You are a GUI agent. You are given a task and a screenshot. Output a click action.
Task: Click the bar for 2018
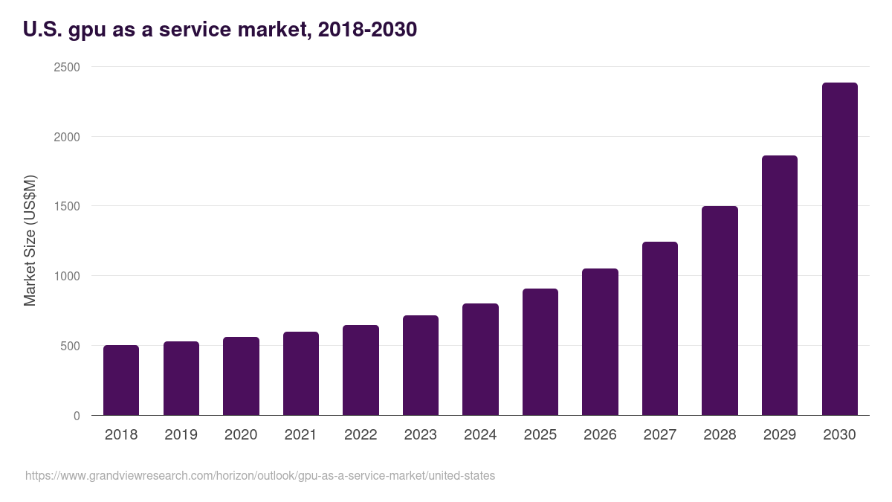click(x=121, y=380)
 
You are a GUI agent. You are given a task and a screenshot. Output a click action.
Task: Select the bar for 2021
click(x=301, y=373)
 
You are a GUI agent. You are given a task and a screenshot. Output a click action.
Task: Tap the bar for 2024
click(x=480, y=359)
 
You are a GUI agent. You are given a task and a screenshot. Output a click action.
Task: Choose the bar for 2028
click(x=720, y=311)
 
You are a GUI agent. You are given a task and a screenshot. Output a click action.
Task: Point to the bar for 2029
click(x=780, y=286)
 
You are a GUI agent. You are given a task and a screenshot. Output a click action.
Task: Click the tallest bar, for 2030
click(x=839, y=249)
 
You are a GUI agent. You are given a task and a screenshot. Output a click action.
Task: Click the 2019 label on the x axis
click(x=181, y=435)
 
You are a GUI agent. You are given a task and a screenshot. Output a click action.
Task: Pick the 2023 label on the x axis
click(x=421, y=435)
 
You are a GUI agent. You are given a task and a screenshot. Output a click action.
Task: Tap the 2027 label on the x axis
click(x=660, y=435)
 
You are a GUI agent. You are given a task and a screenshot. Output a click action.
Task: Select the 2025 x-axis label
click(x=540, y=435)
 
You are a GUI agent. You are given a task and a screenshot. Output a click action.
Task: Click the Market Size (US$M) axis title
click(x=30, y=241)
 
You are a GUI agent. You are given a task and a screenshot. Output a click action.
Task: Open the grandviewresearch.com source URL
click(x=260, y=475)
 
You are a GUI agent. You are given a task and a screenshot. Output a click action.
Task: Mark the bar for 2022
click(x=361, y=370)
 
